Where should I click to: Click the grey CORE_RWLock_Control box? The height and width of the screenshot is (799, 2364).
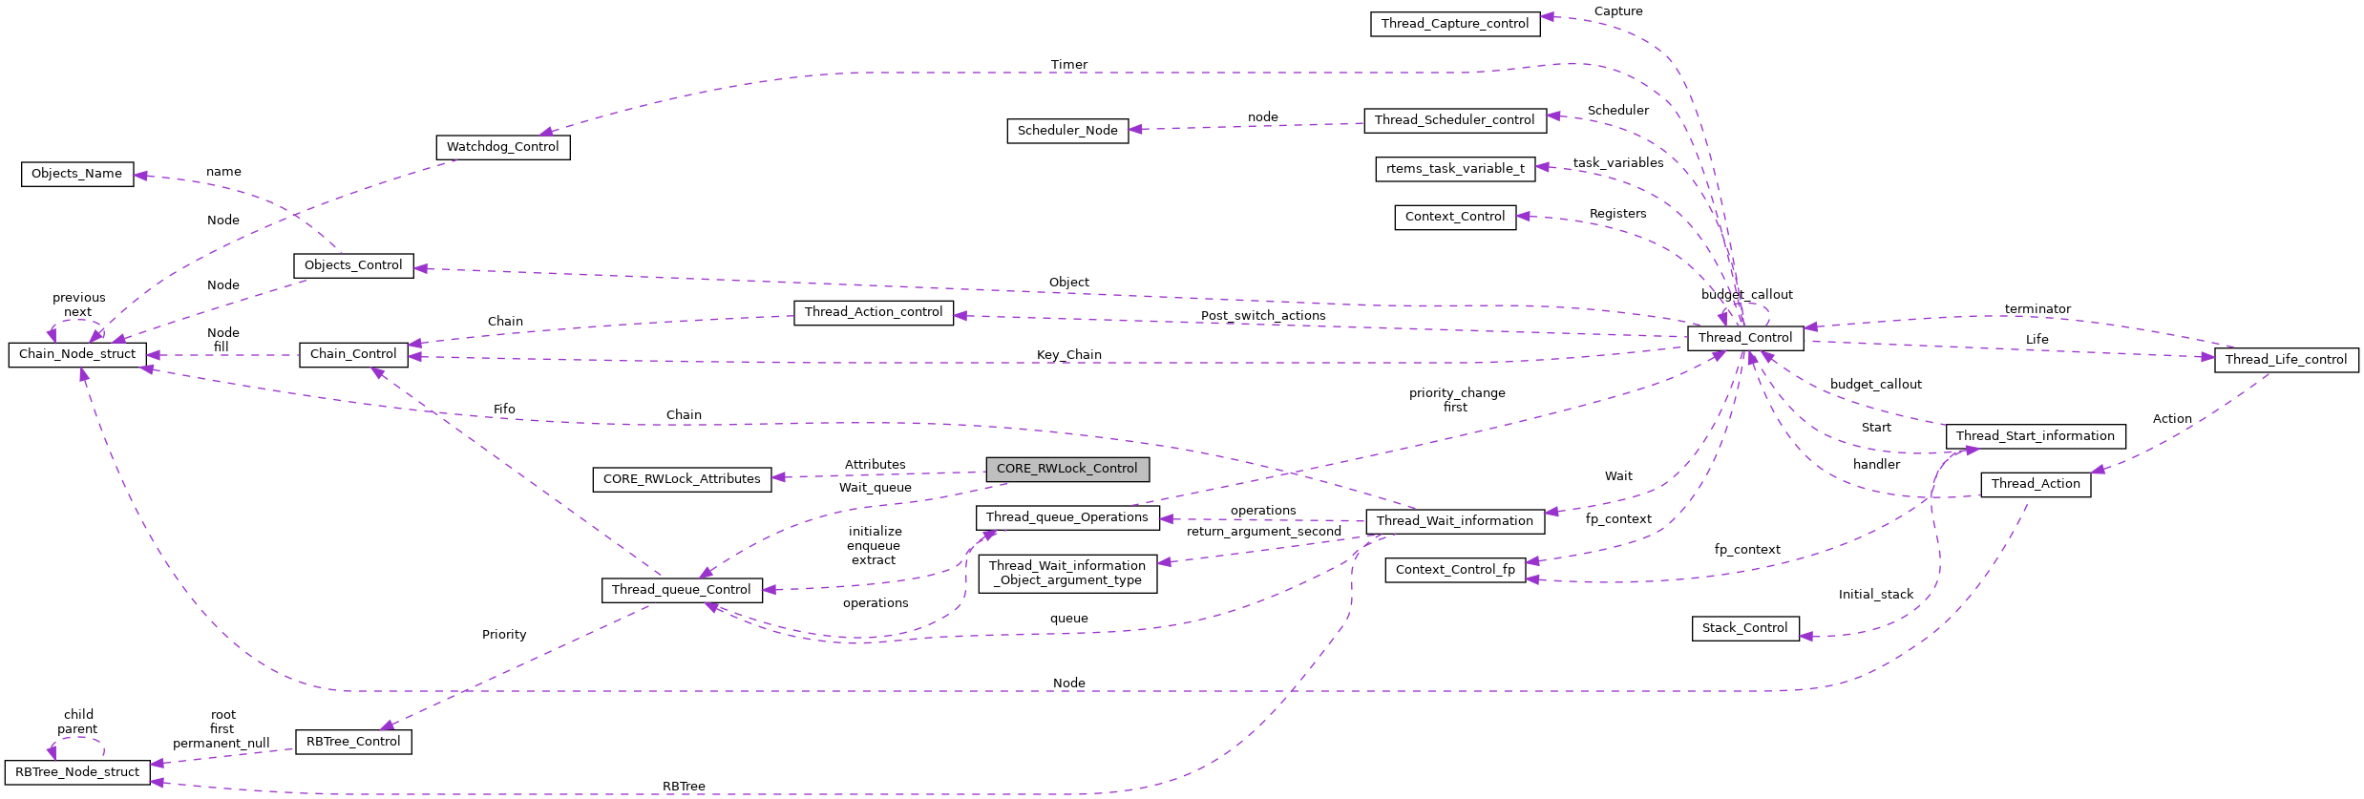1066,469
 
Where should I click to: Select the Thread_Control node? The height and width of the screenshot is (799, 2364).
1744,338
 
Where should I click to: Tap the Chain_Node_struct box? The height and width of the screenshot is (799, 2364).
77,354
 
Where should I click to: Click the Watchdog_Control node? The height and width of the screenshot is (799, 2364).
502,147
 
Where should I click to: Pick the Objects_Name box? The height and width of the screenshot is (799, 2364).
76,174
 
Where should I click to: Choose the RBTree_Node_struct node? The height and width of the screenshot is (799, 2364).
77,772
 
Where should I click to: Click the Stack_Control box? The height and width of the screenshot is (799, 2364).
1744,628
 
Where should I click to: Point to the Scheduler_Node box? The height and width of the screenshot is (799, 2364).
1066,131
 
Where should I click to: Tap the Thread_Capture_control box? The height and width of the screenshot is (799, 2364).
1454,24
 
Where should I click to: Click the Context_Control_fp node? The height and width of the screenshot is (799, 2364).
1454,570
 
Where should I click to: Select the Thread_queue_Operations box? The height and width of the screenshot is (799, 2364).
1066,517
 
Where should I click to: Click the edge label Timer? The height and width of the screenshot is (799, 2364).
1068,65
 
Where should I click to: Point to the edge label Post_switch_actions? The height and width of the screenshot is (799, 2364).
1262,316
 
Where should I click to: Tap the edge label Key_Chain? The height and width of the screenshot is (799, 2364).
1068,355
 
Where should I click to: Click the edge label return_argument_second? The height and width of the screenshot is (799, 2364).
1263,532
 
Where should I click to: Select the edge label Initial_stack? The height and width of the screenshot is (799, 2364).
1875,595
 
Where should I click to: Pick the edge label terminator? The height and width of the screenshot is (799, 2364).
2037,309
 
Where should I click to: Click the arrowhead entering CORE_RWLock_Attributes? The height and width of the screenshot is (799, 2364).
779,477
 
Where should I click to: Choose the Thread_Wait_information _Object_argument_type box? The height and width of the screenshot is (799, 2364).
1066,574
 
